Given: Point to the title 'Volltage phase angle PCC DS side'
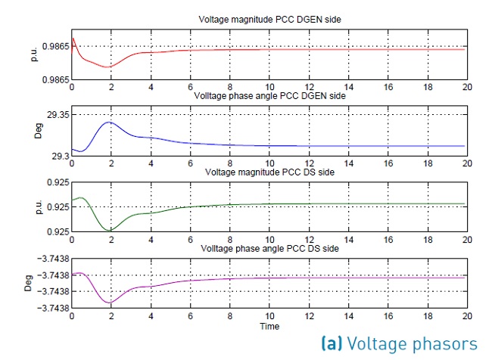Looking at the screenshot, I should coord(269,249).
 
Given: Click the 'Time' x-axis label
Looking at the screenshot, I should coord(269,327).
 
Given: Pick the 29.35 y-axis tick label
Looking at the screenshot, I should coord(54,114).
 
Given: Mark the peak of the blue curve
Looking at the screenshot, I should coord(109,122).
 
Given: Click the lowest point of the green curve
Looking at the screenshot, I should coord(110,230).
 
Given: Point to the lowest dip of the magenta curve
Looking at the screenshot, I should coord(110,303).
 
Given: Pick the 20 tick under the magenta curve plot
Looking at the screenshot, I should coord(465,318).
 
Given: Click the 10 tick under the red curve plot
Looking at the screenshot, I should coord(269,87).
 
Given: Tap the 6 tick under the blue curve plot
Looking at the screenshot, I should coord(190,163).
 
